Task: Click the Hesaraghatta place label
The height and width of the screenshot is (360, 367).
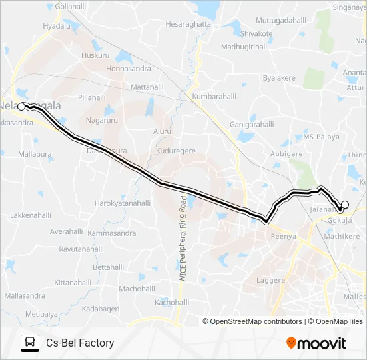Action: (188, 24)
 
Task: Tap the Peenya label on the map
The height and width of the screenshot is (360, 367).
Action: (284, 236)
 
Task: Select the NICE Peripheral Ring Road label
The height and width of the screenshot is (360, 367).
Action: (181, 238)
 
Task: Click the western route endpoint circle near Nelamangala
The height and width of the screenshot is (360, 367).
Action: (21, 107)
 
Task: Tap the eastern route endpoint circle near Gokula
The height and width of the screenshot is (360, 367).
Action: (345, 205)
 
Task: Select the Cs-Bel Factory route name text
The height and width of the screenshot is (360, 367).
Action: (80, 343)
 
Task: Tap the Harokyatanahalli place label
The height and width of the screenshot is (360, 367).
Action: (125, 203)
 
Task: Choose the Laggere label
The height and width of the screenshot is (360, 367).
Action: (271, 281)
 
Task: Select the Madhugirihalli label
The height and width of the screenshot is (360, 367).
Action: (244, 47)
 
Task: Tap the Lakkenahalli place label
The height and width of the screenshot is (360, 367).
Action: (31, 216)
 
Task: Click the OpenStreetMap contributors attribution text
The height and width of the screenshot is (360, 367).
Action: (256, 321)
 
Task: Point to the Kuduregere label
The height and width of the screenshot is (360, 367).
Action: (175, 151)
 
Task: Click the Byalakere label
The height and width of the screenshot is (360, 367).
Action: (279, 78)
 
